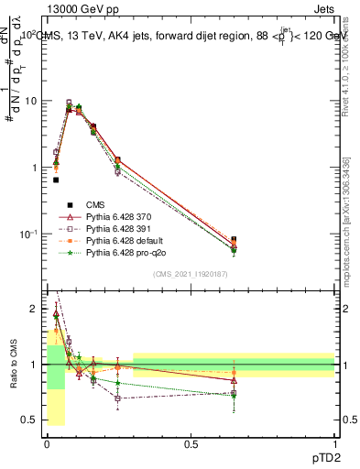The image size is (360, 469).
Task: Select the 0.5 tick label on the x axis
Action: pos(191,443)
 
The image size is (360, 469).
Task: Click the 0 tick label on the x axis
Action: pos(47,443)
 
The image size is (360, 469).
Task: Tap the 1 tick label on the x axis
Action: pos(334,443)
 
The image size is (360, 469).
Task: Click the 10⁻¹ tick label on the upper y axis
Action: pos(29,234)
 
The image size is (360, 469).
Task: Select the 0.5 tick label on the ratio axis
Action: pos(32,420)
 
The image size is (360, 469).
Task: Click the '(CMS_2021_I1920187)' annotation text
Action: pos(191,273)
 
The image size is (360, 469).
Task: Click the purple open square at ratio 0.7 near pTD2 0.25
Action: pos(118,398)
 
